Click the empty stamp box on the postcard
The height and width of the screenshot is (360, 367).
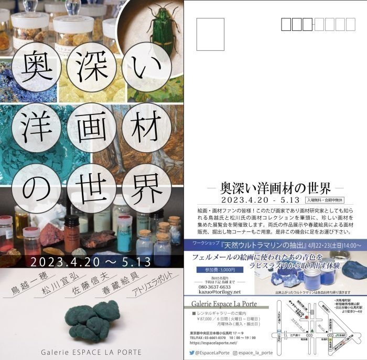point(210,34)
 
